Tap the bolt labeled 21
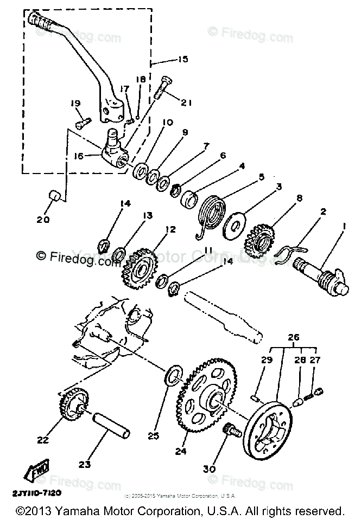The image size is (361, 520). point(164,87)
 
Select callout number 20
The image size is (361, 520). point(43,220)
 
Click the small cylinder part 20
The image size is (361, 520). point(53,196)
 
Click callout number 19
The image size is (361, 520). point(75,104)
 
